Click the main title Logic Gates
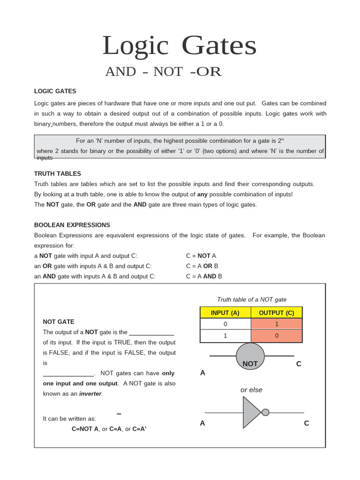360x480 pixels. pos(180,45)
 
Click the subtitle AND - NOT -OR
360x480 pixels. pos(163,72)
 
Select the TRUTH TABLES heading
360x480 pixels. pos(58,173)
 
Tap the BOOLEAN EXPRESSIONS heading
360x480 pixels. pos(72,225)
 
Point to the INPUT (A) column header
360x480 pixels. pos(225,313)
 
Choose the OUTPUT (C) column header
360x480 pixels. pos(277,313)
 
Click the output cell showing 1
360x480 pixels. pos(277,324)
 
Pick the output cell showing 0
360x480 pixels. pos(277,336)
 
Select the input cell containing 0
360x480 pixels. pos(225,324)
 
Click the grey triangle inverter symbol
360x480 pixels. pos(251,412)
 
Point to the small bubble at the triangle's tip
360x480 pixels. pos(265,412)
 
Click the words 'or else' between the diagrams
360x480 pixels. pos(251,390)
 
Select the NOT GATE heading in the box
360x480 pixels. pos(59,322)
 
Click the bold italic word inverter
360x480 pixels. pos(90,394)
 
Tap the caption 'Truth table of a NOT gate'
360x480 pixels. pos(252,300)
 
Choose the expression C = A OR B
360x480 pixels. pos(202,266)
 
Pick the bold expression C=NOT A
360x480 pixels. pos(85,429)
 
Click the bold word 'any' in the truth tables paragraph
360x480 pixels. pos(202,194)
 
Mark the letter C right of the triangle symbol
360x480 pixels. pos(307,423)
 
